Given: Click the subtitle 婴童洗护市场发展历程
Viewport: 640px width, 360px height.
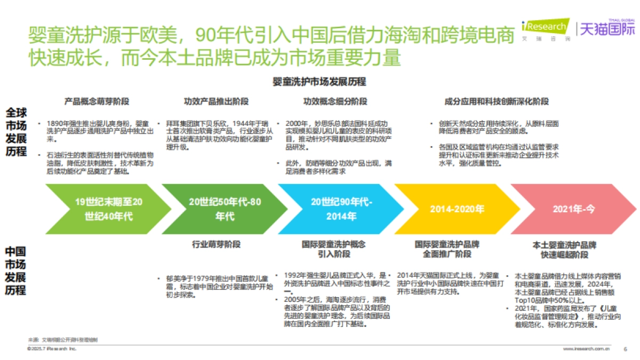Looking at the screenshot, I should point(319,82).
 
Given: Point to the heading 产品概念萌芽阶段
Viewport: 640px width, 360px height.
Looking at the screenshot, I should point(97,101).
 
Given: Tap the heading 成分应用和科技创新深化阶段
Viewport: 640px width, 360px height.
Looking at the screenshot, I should point(496,101).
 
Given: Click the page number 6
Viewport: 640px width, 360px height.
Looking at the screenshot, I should point(625,349).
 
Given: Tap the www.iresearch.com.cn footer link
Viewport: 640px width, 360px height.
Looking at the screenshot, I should point(586,349).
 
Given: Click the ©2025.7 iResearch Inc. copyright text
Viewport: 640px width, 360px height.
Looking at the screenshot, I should point(52,349).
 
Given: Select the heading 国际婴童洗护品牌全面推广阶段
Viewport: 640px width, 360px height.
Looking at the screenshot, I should point(447,250).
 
